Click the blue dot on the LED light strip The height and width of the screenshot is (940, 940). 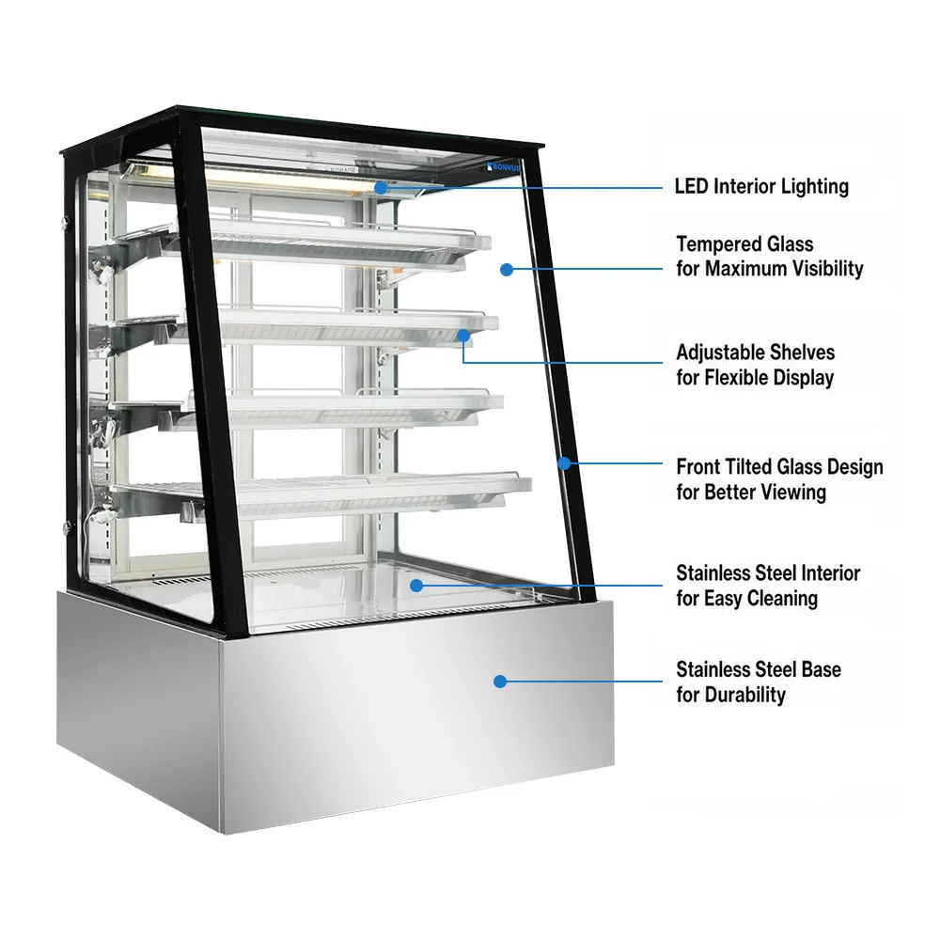(381, 188)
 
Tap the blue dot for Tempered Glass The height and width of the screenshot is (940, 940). (507, 270)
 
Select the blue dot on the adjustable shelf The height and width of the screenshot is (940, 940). (463, 336)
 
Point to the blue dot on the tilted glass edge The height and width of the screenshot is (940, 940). (564, 463)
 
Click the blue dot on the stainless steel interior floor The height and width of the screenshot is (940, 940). (416, 585)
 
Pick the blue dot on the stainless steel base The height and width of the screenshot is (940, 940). (500, 681)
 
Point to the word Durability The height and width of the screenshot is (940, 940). (745, 696)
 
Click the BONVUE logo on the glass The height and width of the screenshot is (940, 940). (504, 167)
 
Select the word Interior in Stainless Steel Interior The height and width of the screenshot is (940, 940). (830, 573)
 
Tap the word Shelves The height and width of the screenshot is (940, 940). (806, 352)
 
